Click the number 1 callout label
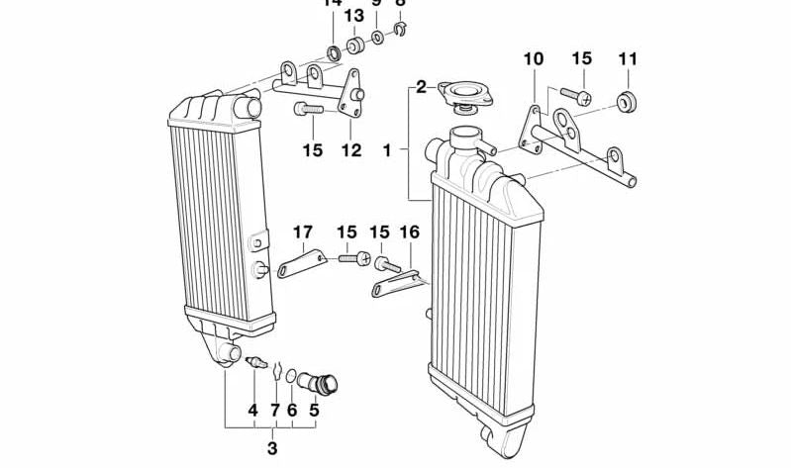(x=388, y=151)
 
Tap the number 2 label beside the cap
(x=421, y=88)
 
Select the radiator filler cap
(x=462, y=94)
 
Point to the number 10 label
(x=534, y=59)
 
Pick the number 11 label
(x=628, y=59)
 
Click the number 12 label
(x=351, y=151)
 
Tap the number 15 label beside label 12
(x=313, y=151)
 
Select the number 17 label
(x=302, y=234)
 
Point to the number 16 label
(x=409, y=234)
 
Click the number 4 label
(x=252, y=409)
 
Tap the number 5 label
(x=315, y=409)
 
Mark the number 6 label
(x=292, y=409)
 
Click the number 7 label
(x=274, y=409)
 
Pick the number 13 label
(x=353, y=17)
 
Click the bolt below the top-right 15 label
(x=579, y=97)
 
